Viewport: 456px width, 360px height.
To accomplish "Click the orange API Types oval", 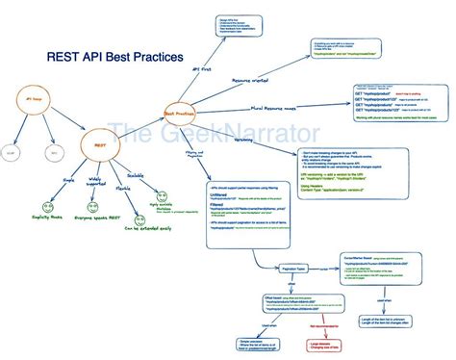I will pyautogui.click(x=36, y=100).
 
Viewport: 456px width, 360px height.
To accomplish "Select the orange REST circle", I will pyautogui.click(x=99, y=146).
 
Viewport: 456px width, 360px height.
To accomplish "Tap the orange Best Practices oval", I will pyautogui.click(x=180, y=114).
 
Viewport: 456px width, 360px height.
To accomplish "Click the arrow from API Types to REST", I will pyautogui.click(x=67, y=123).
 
